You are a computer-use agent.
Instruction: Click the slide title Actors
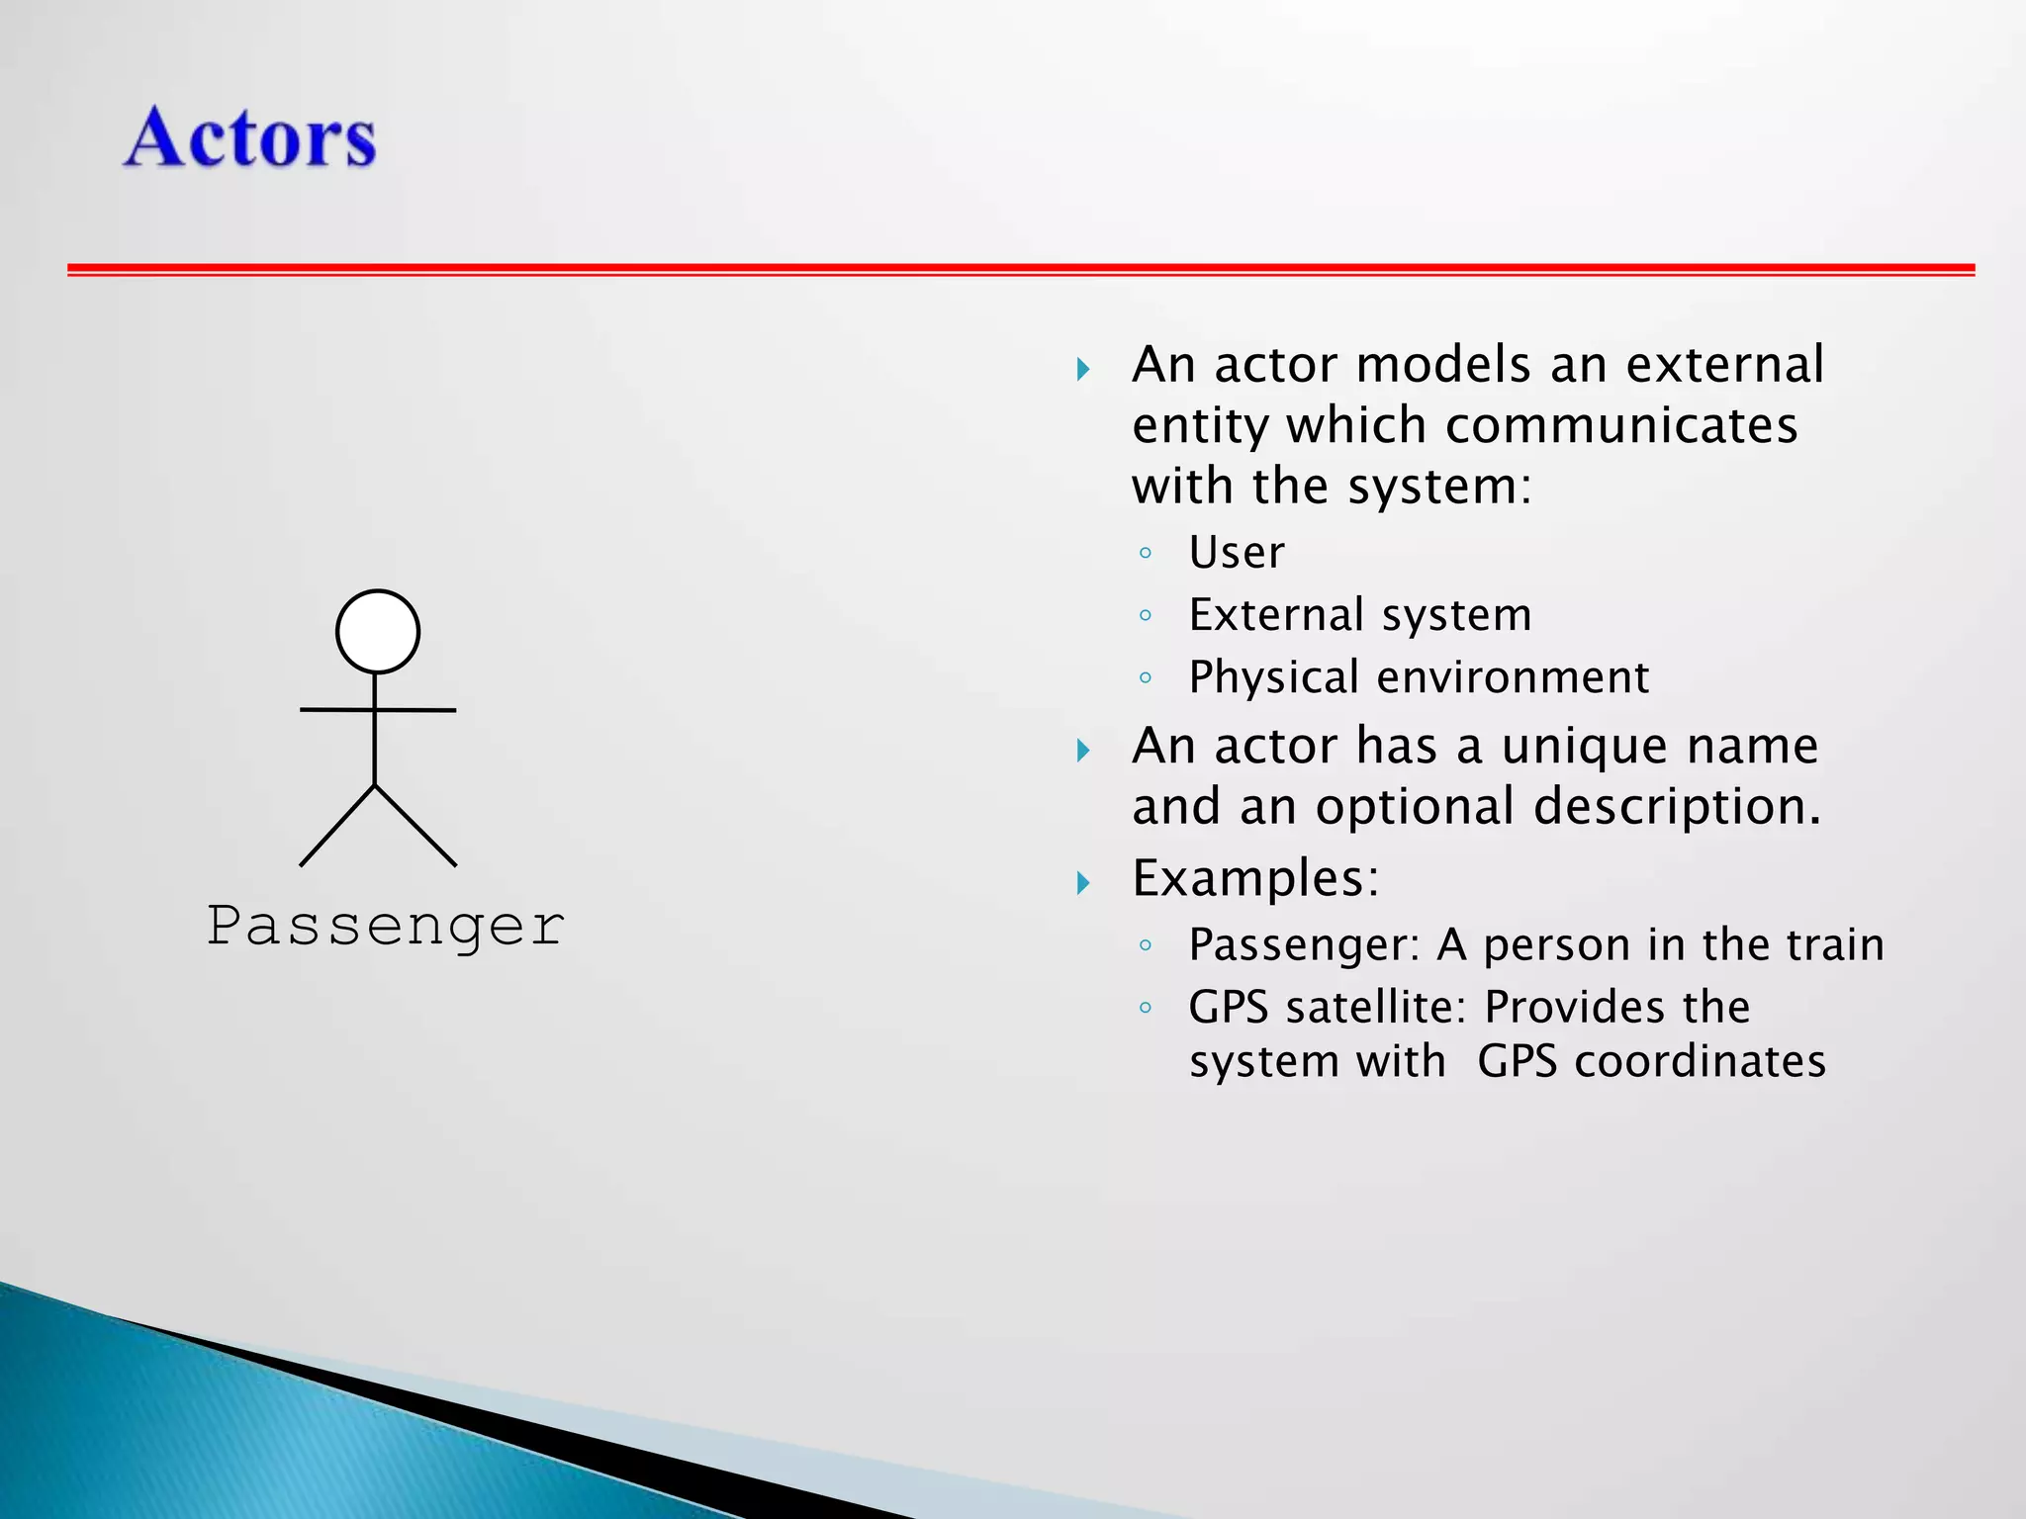point(250,137)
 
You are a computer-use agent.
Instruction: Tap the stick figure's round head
point(377,632)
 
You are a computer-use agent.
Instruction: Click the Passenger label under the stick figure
point(386,927)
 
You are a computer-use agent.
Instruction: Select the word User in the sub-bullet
point(1237,552)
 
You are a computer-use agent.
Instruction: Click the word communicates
point(1621,426)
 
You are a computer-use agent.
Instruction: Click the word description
point(1677,807)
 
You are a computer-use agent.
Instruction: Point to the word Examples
point(1254,878)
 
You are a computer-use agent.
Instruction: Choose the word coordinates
point(1700,1062)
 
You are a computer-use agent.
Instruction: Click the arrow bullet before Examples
point(1083,882)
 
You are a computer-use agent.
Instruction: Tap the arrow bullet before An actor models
point(1083,370)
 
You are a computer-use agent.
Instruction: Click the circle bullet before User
point(1146,553)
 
